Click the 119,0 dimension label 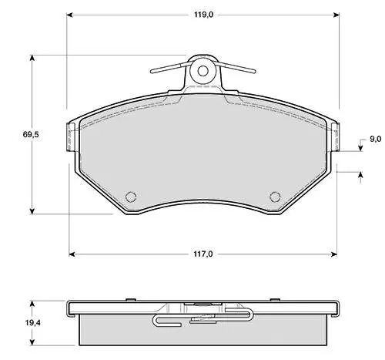click(x=203, y=15)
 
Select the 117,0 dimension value click(x=203, y=254)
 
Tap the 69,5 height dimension click(x=31, y=134)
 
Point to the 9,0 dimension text click(x=375, y=139)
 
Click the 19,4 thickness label click(x=32, y=323)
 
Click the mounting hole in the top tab click(x=203, y=71)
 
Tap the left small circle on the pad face click(x=131, y=197)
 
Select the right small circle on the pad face click(x=275, y=197)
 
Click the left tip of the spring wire click(x=152, y=71)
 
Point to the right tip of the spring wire click(x=254, y=71)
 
